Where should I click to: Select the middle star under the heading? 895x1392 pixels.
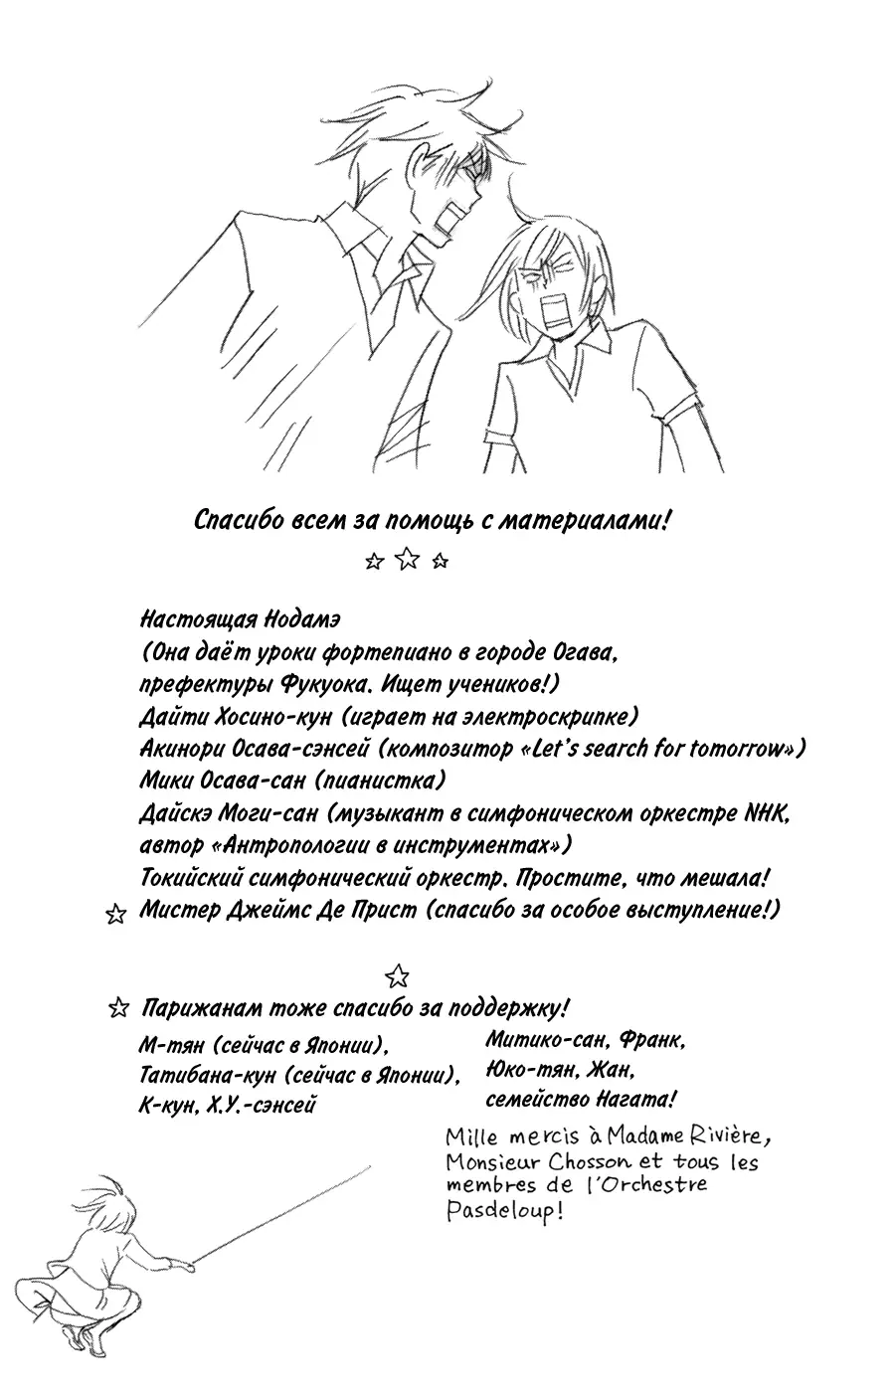[407, 562]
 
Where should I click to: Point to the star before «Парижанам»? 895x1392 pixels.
[118, 1009]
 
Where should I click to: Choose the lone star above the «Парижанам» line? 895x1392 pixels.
[397, 973]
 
